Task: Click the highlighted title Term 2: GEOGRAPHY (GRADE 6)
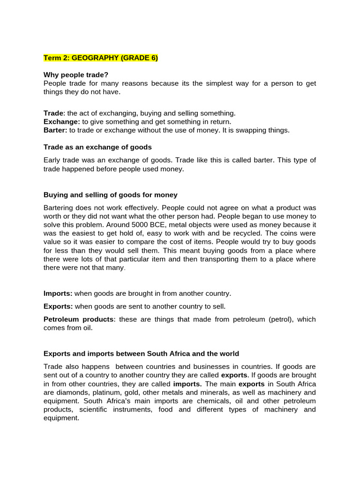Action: (x=101, y=58)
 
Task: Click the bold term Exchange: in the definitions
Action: (x=62, y=122)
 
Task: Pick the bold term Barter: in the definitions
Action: (x=55, y=130)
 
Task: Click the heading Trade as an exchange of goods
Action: (x=97, y=147)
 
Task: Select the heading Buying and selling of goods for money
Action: (x=111, y=195)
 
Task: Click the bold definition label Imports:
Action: (x=58, y=293)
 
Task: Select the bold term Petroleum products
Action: (x=78, y=319)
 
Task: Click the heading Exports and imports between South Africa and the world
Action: (x=141, y=354)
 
